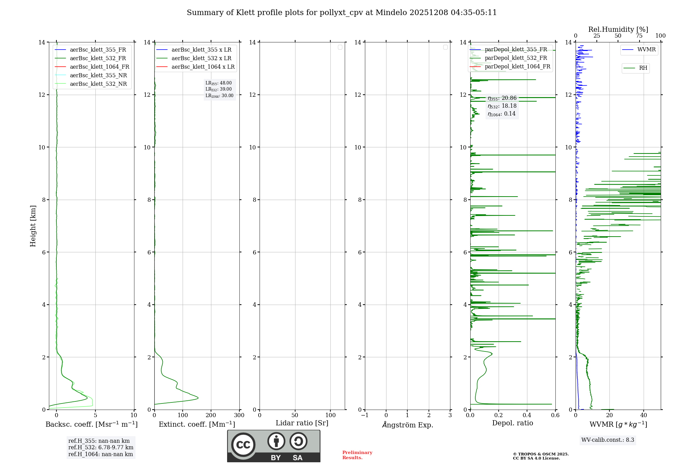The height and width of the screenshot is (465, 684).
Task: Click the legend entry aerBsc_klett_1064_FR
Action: click(x=99, y=67)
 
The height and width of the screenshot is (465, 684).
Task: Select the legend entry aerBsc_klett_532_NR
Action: click(x=98, y=84)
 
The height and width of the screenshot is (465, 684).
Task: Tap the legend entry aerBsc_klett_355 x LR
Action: click(x=201, y=50)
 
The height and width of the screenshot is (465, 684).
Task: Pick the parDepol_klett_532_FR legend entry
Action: click(x=516, y=58)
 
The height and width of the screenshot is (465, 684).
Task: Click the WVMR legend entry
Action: click(x=646, y=50)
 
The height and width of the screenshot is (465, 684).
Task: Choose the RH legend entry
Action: click(x=643, y=68)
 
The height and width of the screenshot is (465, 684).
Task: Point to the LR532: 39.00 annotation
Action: click(x=219, y=89)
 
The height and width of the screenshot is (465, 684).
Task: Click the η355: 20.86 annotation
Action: click(x=502, y=98)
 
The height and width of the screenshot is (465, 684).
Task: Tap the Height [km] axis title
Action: click(x=33, y=226)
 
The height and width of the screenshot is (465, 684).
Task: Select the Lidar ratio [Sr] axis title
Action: click(x=302, y=423)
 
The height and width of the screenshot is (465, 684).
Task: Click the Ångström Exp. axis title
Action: click(x=407, y=425)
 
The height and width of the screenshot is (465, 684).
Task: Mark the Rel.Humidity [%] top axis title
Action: click(x=618, y=29)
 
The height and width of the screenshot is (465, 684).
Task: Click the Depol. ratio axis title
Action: click(x=512, y=423)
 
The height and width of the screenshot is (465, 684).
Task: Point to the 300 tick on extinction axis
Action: click(x=239, y=415)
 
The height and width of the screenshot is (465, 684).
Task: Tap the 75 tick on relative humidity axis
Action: click(x=639, y=36)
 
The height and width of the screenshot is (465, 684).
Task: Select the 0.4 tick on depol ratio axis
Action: click(x=527, y=415)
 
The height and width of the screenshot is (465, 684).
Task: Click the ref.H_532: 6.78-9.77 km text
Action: click(x=101, y=447)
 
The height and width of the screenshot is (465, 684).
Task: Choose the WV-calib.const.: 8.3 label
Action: click(x=607, y=440)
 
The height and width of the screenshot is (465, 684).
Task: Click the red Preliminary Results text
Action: click(x=357, y=455)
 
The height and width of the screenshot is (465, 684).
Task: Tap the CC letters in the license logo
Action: click(x=243, y=445)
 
